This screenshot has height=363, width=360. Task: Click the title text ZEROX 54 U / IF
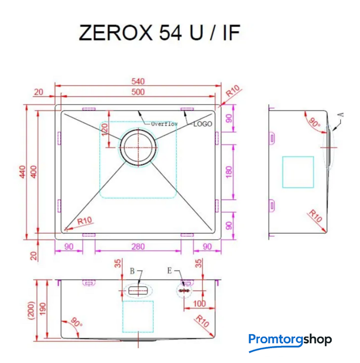click(x=160, y=33)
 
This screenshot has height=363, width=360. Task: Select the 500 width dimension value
click(x=137, y=92)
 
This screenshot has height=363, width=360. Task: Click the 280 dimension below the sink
click(x=138, y=246)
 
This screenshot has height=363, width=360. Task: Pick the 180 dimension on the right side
click(x=229, y=172)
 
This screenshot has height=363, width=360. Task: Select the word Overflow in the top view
click(x=164, y=124)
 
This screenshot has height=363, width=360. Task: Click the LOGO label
click(x=203, y=124)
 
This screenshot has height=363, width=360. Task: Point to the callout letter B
click(x=132, y=272)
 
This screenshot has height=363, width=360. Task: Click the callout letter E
click(x=169, y=271)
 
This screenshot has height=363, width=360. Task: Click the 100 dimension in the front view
click(x=199, y=304)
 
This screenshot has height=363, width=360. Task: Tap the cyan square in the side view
click(x=298, y=172)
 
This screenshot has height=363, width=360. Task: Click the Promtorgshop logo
click(x=290, y=340)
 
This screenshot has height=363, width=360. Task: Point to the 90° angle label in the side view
click(x=314, y=123)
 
